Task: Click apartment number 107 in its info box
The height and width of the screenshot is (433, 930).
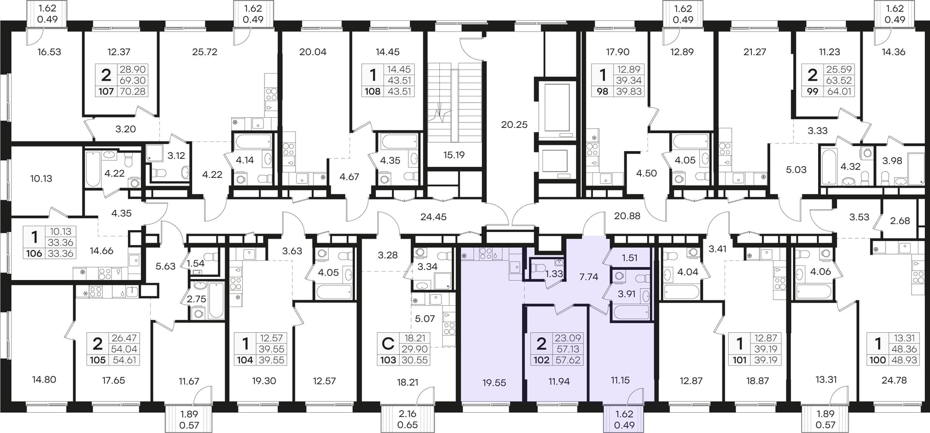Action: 107,91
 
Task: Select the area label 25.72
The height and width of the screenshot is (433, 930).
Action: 204,52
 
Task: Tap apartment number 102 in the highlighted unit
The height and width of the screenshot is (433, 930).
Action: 542,360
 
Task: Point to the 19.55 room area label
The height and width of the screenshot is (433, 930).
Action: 494,383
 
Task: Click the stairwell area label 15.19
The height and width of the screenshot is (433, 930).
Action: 454,155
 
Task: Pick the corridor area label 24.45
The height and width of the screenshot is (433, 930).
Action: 434,217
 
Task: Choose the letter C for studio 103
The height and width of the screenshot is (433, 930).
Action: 388,344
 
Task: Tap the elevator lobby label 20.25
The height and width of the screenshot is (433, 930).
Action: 514,124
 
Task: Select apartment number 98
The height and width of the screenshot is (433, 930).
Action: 602,91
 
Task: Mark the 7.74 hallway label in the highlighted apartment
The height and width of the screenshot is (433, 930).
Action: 589,277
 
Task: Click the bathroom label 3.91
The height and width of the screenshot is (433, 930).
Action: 627,294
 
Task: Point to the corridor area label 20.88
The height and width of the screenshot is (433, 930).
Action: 627,216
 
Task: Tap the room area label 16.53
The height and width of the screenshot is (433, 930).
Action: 49,52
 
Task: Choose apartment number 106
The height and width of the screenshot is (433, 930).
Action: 34,253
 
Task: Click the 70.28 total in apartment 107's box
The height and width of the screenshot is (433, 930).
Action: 133,91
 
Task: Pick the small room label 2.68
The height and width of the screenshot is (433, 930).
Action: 900,221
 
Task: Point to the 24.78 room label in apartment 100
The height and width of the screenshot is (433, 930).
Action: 894,381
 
